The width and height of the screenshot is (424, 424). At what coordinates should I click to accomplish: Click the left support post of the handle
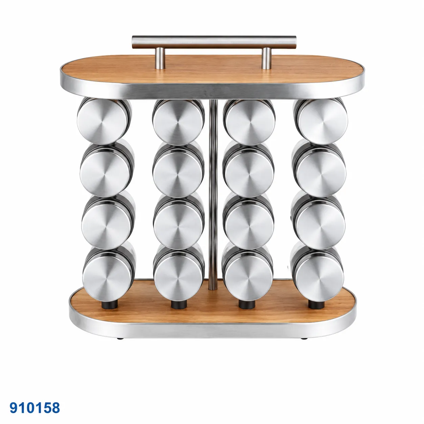(160, 58)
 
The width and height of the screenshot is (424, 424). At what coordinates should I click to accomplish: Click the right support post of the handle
(266, 58)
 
